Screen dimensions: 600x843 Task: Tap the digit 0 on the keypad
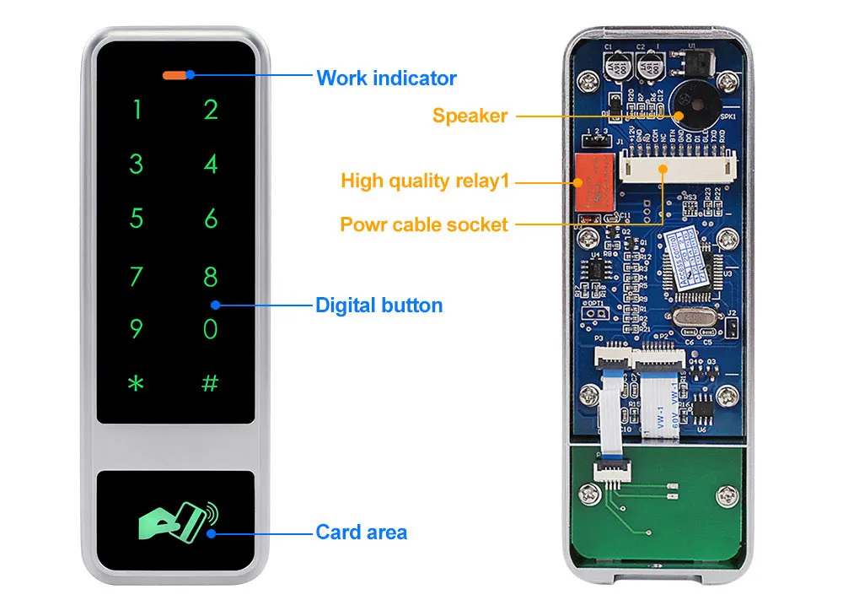click(211, 329)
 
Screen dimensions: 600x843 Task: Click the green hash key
click(210, 383)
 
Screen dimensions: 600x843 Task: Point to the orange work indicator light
click(175, 74)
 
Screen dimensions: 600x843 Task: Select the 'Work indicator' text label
click(386, 78)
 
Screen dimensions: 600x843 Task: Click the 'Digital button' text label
click(379, 305)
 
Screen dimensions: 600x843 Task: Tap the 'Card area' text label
click(361, 532)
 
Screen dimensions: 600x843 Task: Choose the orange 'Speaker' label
click(470, 116)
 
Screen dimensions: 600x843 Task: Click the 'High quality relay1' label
click(427, 180)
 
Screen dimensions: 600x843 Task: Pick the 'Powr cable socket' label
click(424, 224)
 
